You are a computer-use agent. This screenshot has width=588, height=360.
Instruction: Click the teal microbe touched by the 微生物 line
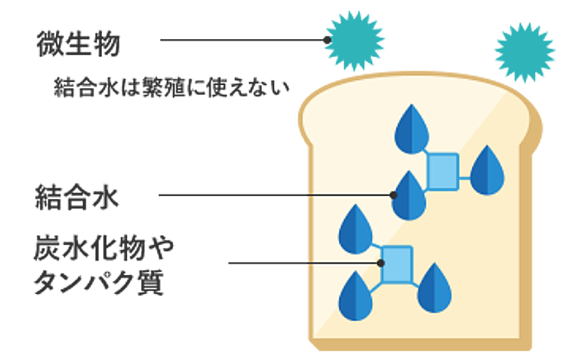point(354,38)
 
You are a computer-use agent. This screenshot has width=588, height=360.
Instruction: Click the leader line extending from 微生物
point(241,39)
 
